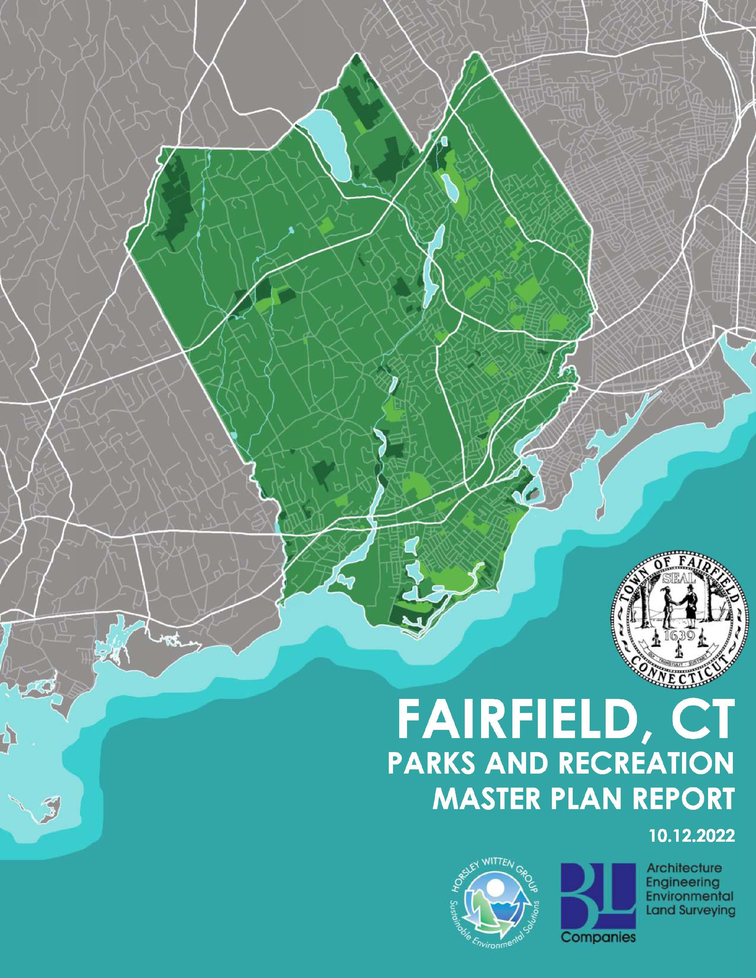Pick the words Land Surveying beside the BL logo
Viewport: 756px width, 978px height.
690,921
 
